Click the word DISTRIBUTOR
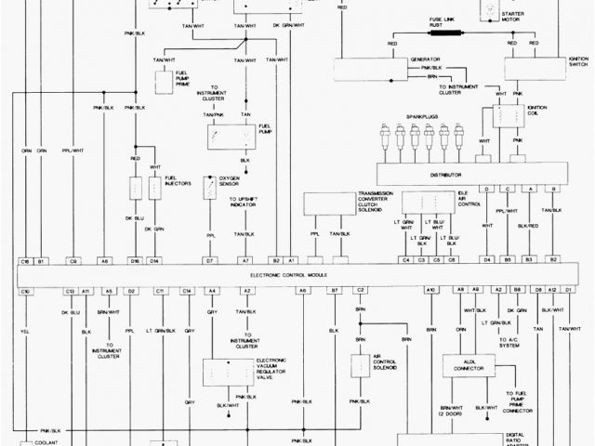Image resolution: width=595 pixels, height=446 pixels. pyautogui.click(x=473, y=172)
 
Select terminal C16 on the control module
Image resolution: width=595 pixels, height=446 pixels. pyautogui.click(x=26, y=262)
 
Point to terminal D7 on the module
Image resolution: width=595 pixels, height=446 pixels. pyautogui.click(x=210, y=262)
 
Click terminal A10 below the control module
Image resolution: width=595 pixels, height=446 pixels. pyautogui.click(x=430, y=291)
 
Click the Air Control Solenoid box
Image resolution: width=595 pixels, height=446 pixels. pyautogui.click(x=360, y=365)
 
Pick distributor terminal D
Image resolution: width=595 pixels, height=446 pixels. pyautogui.click(x=486, y=189)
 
